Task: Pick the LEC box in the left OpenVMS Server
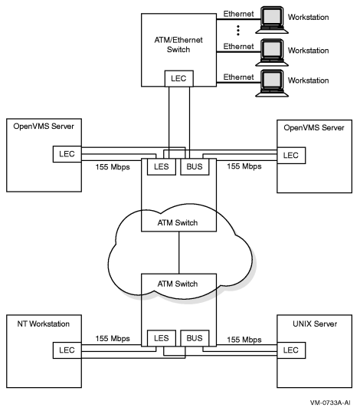click(63, 154)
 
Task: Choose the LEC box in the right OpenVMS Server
click(291, 154)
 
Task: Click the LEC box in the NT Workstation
click(63, 350)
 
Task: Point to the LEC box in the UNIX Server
click(291, 350)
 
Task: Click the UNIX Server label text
click(307, 324)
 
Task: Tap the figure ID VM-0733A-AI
click(330, 402)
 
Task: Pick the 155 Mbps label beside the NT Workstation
click(116, 338)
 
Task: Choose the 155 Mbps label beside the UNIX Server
click(239, 338)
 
